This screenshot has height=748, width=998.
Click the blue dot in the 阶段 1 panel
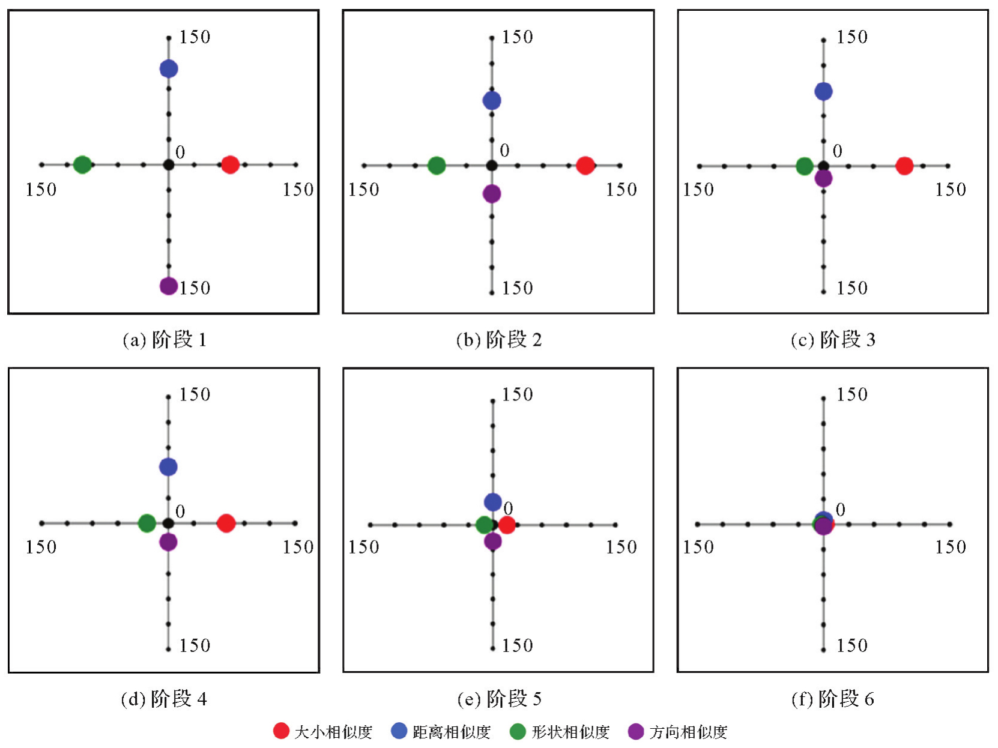(x=169, y=69)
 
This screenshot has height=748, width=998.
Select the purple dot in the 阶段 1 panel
(x=169, y=286)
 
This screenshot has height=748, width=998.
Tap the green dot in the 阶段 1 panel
(x=82, y=164)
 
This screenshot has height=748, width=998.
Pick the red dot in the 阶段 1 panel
(x=230, y=164)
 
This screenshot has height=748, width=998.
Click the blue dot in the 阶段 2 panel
(x=492, y=100)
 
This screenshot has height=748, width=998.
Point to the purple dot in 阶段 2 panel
(x=492, y=194)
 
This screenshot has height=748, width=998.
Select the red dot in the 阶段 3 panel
(x=904, y=166)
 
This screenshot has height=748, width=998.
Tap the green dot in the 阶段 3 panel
(x=805, y=166)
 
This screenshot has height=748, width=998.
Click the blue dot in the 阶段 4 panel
(x=169, y=466)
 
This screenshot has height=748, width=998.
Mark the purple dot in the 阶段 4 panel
(x=169, y=542)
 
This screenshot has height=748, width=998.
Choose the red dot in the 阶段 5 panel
(x=507, y=525)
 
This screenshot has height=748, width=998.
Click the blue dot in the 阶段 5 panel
(x=493, y=502)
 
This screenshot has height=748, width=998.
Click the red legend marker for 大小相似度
(x=281, y=731)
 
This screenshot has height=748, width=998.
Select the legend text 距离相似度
(x=451, y=732)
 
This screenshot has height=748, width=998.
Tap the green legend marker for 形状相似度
(x=518, y=731)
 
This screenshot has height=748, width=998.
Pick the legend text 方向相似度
(x=688, y=732)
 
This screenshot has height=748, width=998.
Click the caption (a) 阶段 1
(x=165, y=340)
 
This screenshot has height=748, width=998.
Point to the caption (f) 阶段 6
(x=832, y=699)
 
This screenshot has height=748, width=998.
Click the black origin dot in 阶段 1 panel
(x=169, y=164)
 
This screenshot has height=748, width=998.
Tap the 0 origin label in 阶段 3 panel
(x=838, y=151)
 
